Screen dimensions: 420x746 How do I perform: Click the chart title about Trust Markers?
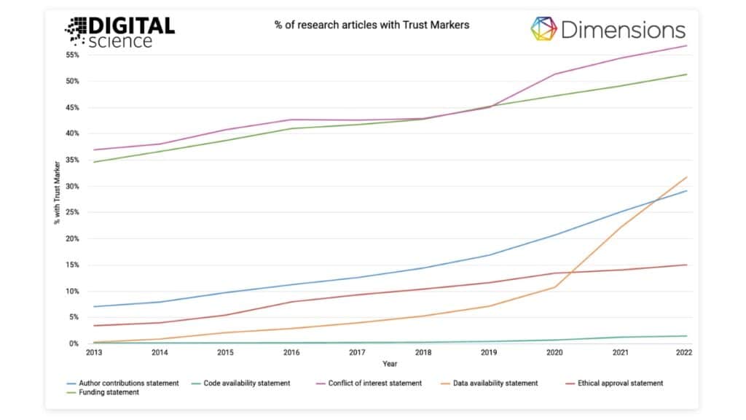pyautogui.click(x=372, y=25)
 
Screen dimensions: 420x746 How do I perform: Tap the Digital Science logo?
pyautogui.click(x=120, y=31)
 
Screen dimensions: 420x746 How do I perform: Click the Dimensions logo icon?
pyautogui.click(x=543, y=29)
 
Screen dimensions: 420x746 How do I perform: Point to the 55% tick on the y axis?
pyautogui.click(x=72, y=55)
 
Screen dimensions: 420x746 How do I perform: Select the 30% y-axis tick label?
pyautogui.click(x=72, y=186)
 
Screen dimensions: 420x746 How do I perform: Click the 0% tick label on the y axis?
pyautogui.click(x=74, y=343)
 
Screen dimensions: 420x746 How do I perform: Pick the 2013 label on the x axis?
pyautogui.click(x=94, y=353)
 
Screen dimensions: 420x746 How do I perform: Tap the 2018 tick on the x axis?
pyautogui.click(x=424, y=353)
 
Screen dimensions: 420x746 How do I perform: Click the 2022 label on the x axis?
pyautogui.click(x=683, y=353)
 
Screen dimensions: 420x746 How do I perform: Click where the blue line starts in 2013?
pyautogui.click(x=94, y=306)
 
